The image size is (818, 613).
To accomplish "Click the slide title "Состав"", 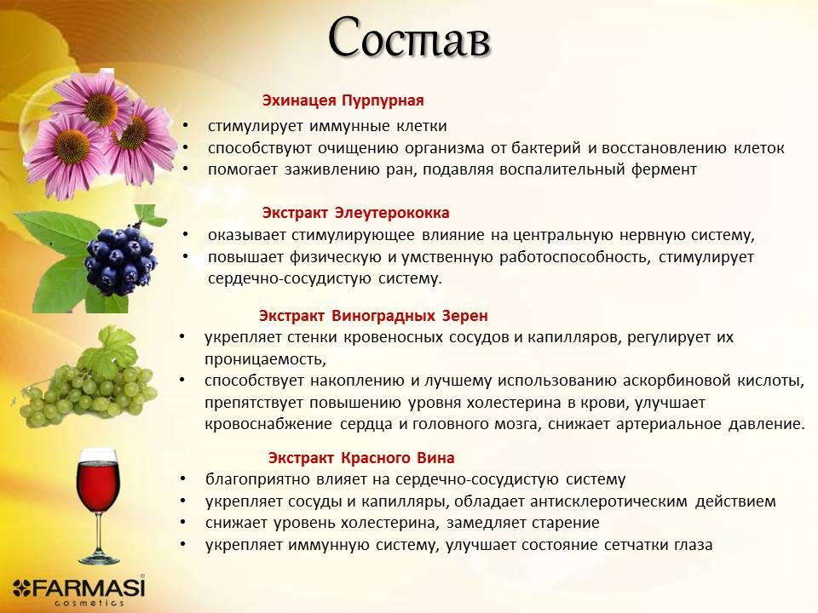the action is (x=410, y=37).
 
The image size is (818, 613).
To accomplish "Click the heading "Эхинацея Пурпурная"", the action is (x=343, y=100).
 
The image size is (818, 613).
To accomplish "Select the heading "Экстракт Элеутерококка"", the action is (x=355, y=213).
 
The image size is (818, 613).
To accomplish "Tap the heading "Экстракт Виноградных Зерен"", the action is (x=373, y=315).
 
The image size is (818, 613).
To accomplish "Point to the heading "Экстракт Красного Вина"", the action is (x=361, y=458).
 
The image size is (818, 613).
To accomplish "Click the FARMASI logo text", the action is (x=79, y=588).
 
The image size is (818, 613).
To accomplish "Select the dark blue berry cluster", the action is (x=120, y=259).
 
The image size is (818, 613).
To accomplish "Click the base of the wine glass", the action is (x=99, y=559).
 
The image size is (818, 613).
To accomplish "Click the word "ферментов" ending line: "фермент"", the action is (x=664, y=169).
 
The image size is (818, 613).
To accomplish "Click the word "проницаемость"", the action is (x=265, y=359).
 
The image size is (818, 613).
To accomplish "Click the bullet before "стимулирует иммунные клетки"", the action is (x=185, y=126).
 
